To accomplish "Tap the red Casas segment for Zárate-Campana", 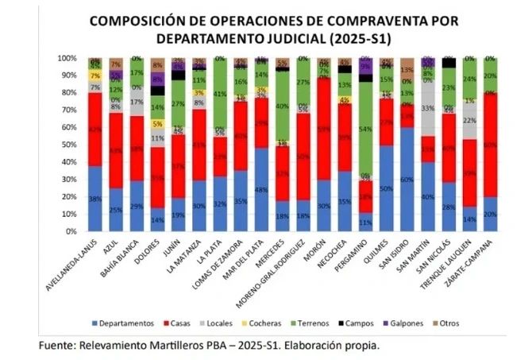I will (490, 145).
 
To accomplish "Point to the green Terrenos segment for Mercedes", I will (282, 106).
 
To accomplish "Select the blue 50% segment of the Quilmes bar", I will (387, 188).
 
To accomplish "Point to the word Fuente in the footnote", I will (56, 346).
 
